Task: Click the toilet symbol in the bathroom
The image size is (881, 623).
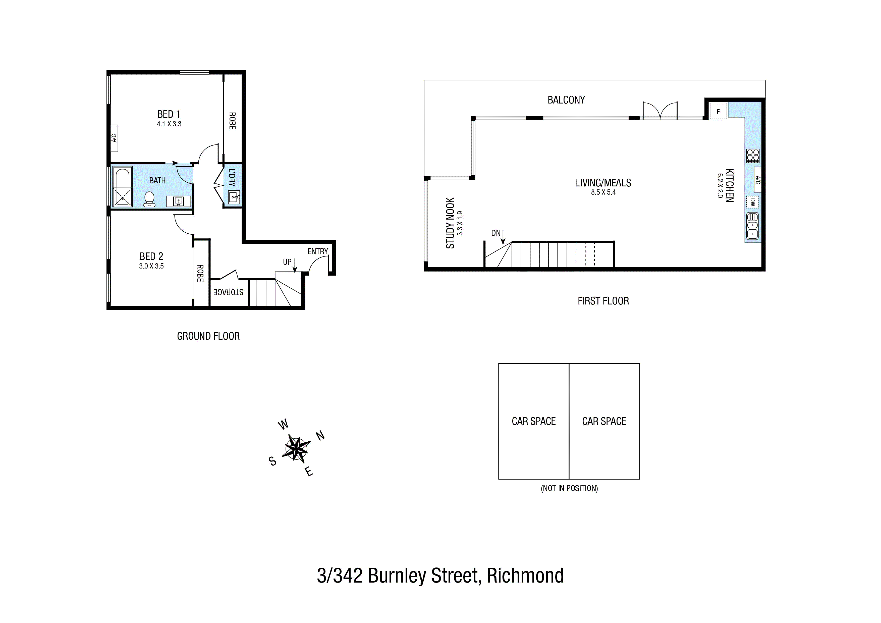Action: coord(149,199)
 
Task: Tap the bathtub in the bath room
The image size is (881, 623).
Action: coord(122,187)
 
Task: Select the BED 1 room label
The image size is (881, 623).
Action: coord(169,114)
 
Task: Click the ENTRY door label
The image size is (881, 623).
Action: coord(317,251)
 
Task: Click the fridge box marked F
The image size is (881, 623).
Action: coord(718,112)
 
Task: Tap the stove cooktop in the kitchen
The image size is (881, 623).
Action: coord(752,156)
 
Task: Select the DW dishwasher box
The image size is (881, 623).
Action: coord(752,202)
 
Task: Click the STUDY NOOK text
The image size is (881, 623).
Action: coord(450,223)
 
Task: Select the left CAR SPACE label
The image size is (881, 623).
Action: coord(533,422)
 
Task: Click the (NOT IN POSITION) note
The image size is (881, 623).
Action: coord(569,489)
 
